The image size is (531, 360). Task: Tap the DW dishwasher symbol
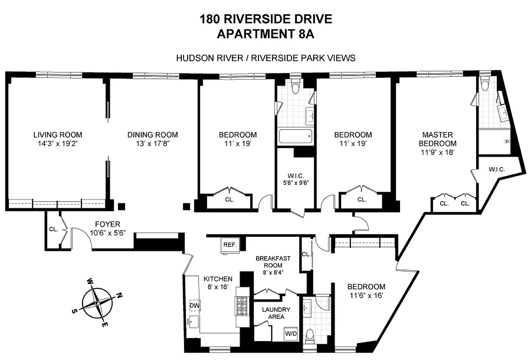tap(194, 306)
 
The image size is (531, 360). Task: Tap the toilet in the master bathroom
tap(484, 84)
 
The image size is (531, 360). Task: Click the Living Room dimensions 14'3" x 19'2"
tap(58, 144)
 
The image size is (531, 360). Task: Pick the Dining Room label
tap(153, 135)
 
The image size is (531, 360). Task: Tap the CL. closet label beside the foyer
tap(54, 229)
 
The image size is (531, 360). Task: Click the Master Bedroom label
tap(437, 139)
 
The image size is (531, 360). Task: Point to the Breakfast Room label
tap(273, 262)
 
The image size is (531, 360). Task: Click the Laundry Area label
tap(276, 313)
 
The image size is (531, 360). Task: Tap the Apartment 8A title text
tap(265, 34)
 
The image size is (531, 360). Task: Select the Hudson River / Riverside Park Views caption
tap(265, 58)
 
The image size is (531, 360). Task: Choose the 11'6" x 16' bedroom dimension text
tap(366, 296)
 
